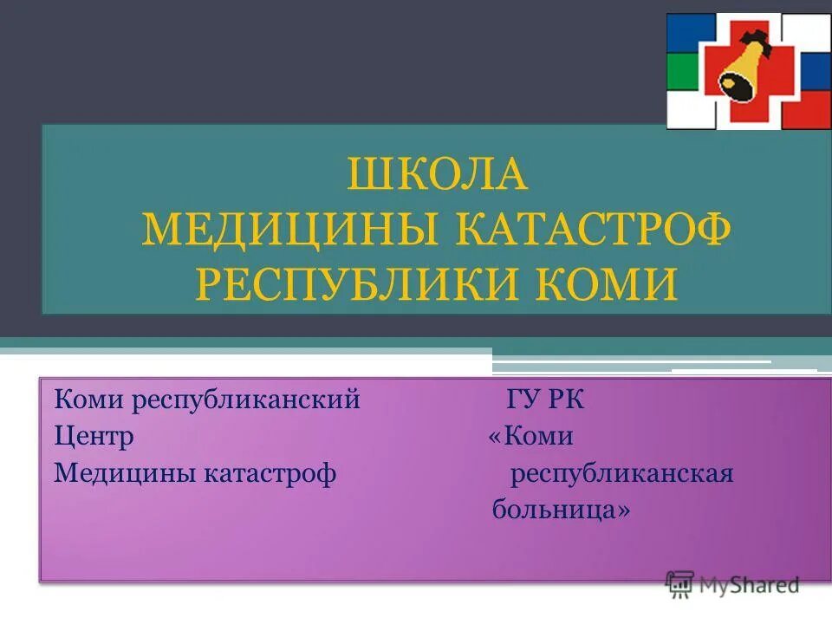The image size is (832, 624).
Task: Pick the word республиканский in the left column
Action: [x=245, y=400]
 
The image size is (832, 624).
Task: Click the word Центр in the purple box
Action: [x=94, y=436]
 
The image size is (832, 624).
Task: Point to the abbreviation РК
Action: [x=568, y=400]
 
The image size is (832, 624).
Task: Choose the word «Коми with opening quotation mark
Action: [x=530, y=436]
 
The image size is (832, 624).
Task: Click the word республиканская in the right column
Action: [x=621, y=473]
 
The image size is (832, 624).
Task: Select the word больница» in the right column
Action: [x=561, y=510]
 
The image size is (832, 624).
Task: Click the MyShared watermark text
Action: [x=749, y=585]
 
